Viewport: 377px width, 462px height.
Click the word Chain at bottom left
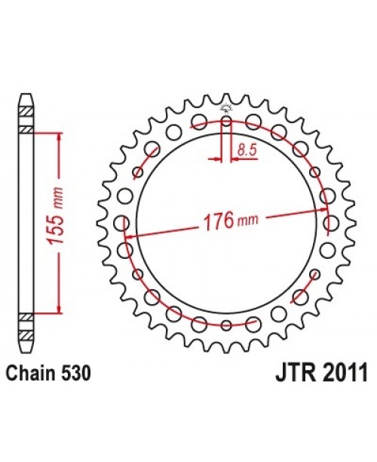tap(28, 371)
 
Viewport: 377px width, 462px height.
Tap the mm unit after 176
tap(247, 224)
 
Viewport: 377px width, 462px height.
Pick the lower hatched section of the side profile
tap(26, 316)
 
